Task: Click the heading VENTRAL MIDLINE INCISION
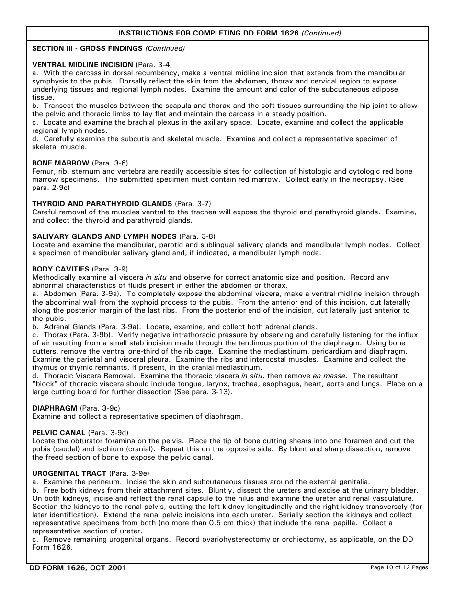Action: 82,65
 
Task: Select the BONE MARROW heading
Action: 60,163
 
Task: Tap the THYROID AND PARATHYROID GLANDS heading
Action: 102,204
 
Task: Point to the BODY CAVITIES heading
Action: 60,269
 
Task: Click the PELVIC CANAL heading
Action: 58,433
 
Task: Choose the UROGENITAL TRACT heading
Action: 69,473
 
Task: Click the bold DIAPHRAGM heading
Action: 55,408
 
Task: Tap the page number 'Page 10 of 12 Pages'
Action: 399,568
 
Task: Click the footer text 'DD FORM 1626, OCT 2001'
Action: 79,568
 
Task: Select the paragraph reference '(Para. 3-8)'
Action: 197,236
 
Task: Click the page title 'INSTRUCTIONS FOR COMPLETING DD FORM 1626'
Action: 209,33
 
